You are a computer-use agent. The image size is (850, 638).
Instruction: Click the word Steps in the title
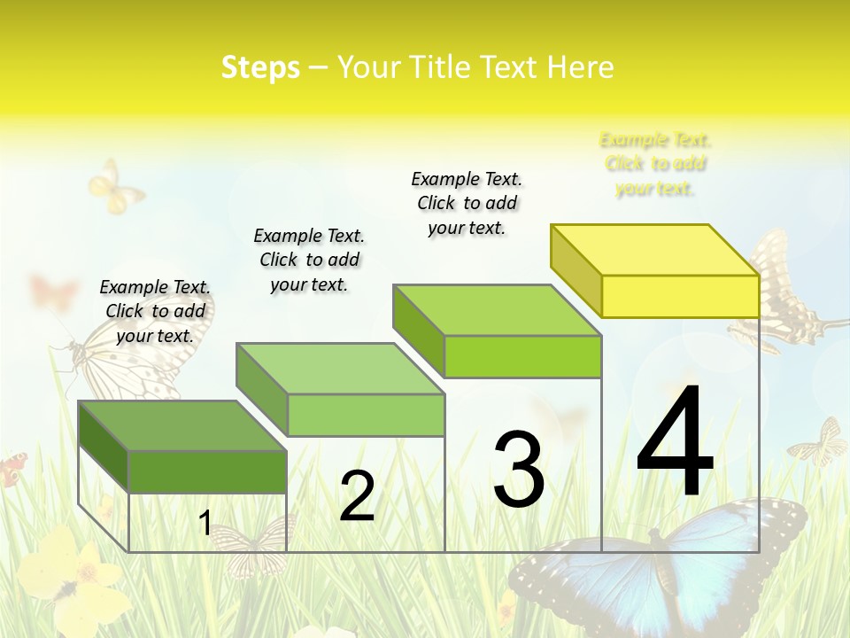pyautogui.click(x=260, y=67)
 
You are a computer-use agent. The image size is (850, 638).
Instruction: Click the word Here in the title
pyautogui.click(x=580, y=67)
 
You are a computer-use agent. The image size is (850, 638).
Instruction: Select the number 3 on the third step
pyautogui.click(x=519, y=470)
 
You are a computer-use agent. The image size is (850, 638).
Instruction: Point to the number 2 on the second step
pyautogui.click(x=357, y=495)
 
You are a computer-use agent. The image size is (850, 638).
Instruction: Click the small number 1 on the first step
pyautogui.click(x=205, y=524)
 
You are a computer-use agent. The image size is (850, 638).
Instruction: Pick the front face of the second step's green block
pyautogui.click(x=366, y=415)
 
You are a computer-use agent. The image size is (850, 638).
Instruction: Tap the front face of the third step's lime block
pyautogui.click(x=522, y=356)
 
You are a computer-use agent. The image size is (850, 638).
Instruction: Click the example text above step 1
pyautogui.click(x=155, y=311)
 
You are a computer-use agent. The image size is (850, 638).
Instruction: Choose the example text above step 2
pyautogui.click(x=309, y=260)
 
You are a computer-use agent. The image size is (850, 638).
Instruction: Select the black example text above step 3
pyautogui.click(x=467, y=203)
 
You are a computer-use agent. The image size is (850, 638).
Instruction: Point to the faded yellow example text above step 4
pyautogui.click(x=655, y=164)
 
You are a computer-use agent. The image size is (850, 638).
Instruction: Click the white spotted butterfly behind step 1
pyautogui.click(x=115, y=363)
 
